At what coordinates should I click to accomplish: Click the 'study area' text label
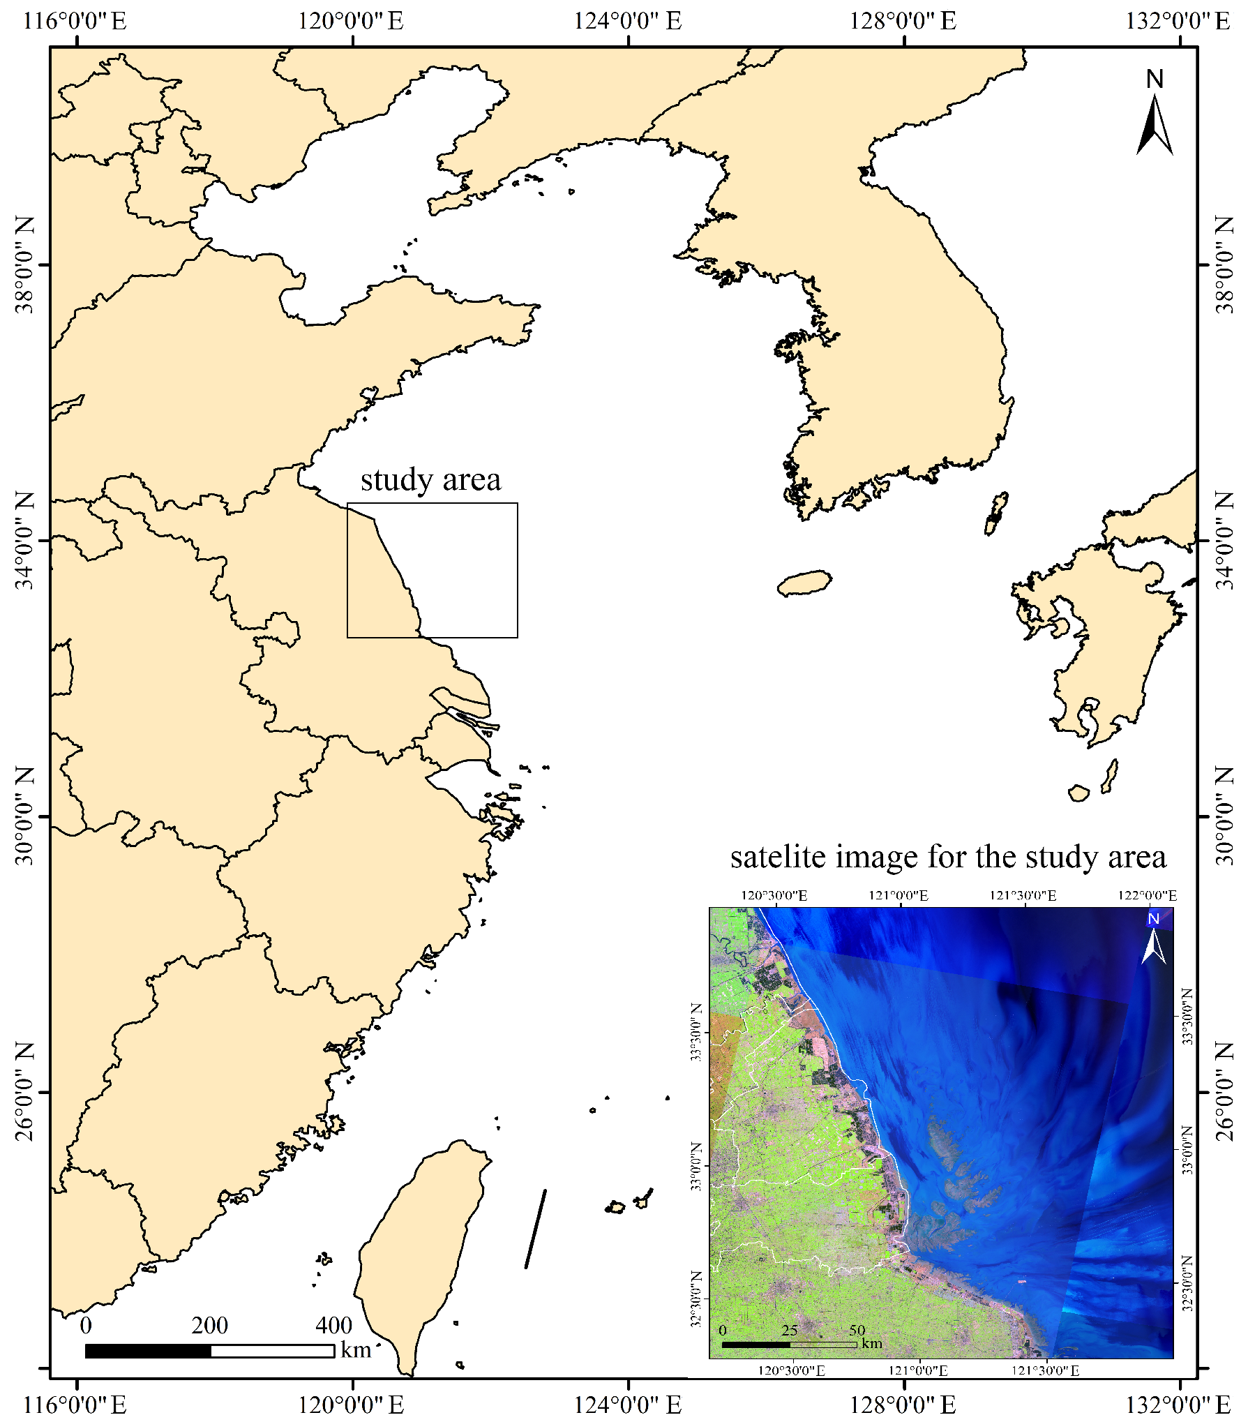pos(430,480)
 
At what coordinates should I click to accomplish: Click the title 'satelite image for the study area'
pos(947,857)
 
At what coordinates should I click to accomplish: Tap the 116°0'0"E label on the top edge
pos(75,20)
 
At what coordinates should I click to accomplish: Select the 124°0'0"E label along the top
pos(628,20)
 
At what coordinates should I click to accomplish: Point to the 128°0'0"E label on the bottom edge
pos(903,1404)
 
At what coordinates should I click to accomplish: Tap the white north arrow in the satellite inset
pos(1154,946)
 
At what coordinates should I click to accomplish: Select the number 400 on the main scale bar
pos(334,1325)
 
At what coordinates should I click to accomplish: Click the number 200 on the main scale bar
pos(209,1325)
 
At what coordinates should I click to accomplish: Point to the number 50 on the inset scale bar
pos(857,1330)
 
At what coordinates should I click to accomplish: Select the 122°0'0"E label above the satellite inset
pos(1147,895)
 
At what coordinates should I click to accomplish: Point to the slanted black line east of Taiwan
pos(536,1229)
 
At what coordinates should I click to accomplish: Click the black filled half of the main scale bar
pos(148,1351)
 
